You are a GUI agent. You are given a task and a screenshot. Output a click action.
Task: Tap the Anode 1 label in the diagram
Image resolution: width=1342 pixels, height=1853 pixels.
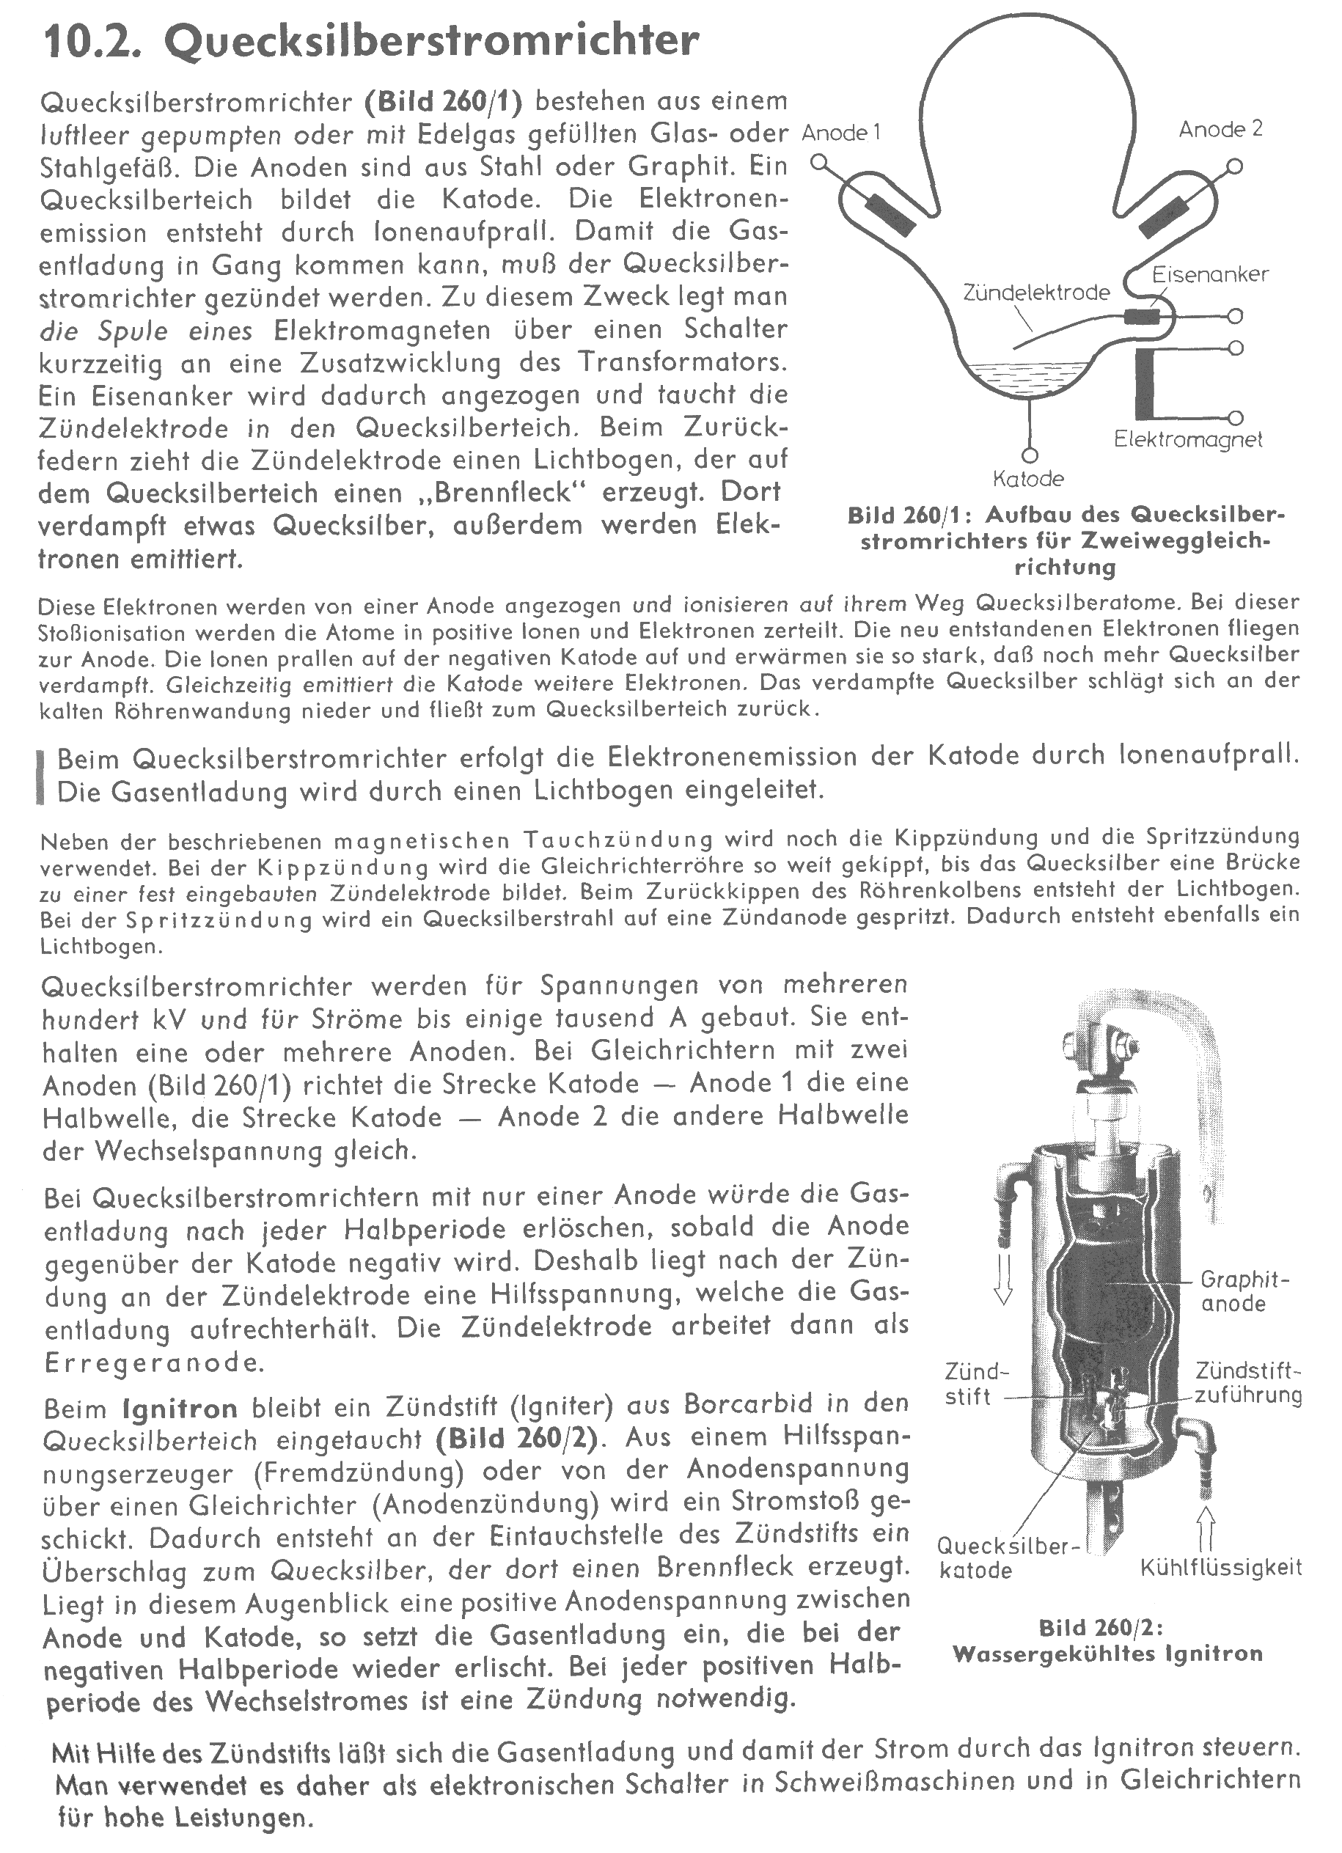point(841,132)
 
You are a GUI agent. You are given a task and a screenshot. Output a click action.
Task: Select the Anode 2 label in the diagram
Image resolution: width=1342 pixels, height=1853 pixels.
point(1220,128)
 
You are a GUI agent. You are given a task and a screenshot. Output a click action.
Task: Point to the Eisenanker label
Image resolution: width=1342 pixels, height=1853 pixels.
point(1209,274)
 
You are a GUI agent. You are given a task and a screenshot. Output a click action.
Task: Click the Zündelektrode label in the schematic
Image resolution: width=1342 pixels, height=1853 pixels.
point(1036,292)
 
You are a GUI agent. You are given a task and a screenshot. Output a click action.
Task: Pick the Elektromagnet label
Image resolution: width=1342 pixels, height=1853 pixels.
point(1187,439)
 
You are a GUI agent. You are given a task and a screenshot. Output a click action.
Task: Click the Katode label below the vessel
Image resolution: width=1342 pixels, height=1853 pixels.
point(1028,478)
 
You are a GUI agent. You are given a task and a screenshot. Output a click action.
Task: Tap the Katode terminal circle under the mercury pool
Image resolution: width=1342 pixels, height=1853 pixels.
point(1029,454)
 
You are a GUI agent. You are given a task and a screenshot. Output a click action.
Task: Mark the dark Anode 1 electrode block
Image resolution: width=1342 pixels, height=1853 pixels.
point(892,213)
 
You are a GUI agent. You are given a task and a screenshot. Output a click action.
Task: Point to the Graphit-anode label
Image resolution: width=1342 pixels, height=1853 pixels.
point(1244,1291)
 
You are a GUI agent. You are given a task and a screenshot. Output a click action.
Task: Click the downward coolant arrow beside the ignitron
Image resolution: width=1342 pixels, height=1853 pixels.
point(1002,1283)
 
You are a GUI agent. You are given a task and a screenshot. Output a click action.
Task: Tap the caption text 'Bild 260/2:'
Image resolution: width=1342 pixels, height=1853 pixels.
point(1101,1627)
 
